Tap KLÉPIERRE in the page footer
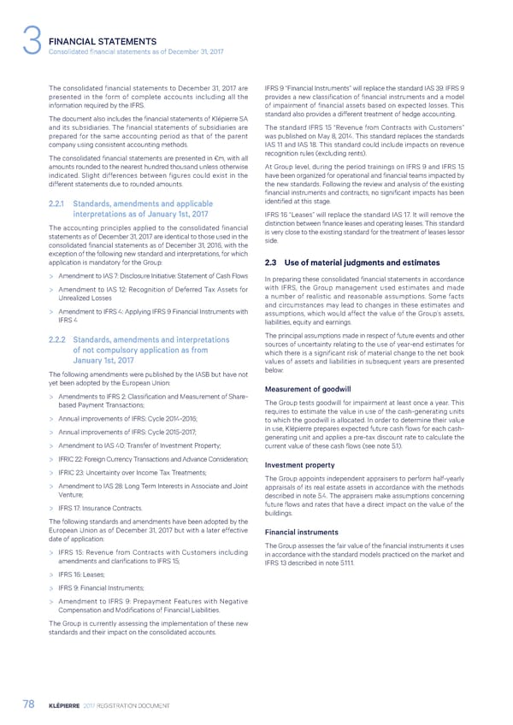(66, 704)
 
